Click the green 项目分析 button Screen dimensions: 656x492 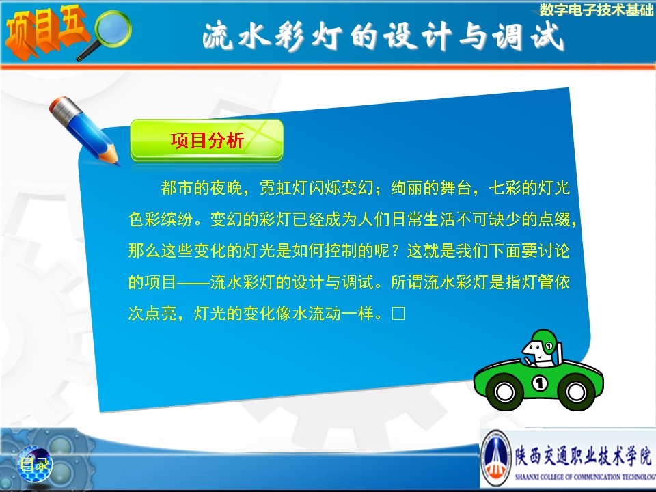pos(206,140)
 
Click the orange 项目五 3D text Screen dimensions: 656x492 pos(45,31)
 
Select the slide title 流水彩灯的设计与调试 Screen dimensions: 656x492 pos(383,36)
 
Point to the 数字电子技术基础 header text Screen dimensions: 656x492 pos(596,10)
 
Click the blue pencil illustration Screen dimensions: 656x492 pos(84,131)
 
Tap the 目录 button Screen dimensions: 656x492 pos(34,464)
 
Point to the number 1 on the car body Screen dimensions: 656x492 pos(540,383)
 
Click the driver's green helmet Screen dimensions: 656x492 pos(545,340)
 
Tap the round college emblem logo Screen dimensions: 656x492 pos(496,458)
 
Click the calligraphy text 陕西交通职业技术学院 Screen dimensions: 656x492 pos(583,456)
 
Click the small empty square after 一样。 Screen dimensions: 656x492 pos(398,314)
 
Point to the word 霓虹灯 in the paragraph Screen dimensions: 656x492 pos(284,188)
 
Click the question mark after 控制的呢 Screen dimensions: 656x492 pos(394,251)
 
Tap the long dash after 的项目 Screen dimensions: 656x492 pos(193,283)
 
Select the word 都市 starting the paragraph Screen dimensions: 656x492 pos(177,188)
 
